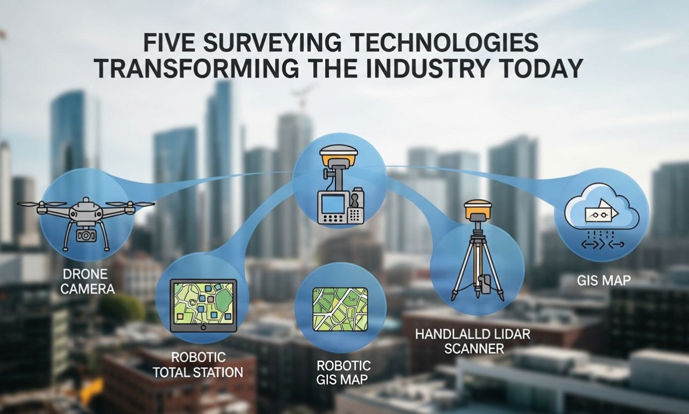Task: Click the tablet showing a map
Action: (x=203, y=305)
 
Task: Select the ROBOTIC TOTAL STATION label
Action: (x=198, y=364)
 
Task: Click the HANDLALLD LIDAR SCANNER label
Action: (x=472, y=341)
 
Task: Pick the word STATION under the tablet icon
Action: (x=217, y=371)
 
